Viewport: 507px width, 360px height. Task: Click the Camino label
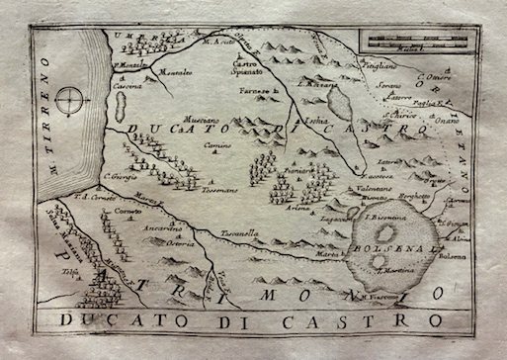pos(219,145)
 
